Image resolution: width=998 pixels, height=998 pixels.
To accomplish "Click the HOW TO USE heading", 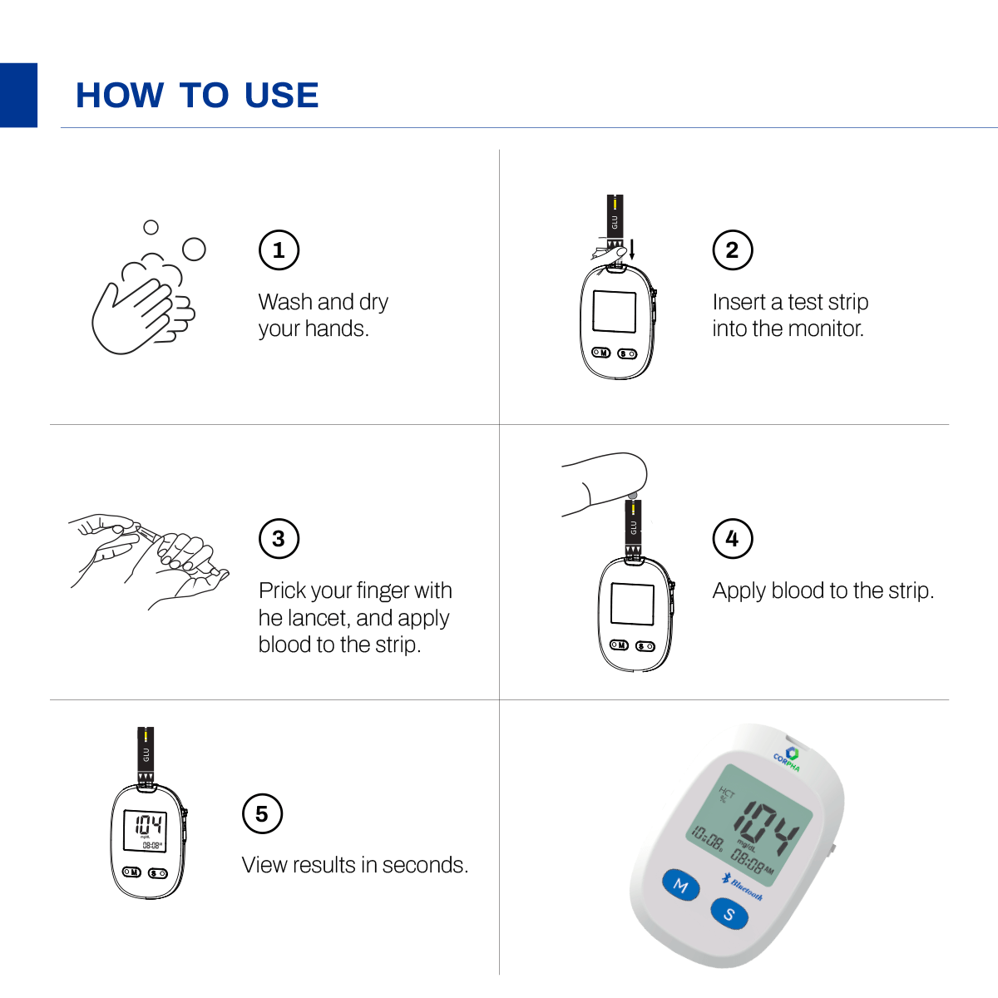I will (197, 96).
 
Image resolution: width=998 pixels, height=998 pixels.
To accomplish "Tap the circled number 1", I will (279, 249).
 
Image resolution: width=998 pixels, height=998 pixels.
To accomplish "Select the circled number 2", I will (733, 249).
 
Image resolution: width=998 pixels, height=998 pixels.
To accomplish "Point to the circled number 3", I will (279, 539).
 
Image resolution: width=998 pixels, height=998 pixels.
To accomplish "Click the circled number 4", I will (733, 539).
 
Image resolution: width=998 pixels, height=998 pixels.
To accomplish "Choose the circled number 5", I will (262, 814).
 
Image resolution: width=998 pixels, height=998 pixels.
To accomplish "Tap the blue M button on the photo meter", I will (681, 885).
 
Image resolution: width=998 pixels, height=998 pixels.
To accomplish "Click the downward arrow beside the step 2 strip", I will (632, 248).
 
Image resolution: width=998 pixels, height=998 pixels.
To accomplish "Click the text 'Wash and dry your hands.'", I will (323, 315).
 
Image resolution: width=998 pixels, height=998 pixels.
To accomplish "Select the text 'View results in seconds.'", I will (355, 865).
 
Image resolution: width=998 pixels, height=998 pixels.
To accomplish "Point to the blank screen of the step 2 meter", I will (614, 312).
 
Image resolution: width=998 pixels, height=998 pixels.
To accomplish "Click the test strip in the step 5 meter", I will (146, 753).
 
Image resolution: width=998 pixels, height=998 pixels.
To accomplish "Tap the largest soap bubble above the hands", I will (194, 249).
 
